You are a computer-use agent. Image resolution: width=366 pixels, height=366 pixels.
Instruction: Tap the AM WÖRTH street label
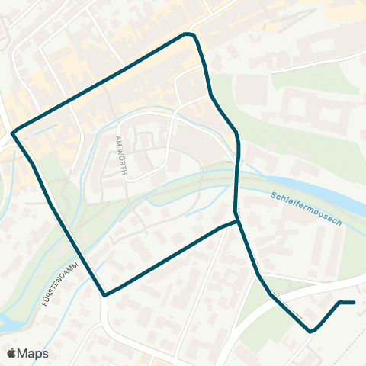point(120,156)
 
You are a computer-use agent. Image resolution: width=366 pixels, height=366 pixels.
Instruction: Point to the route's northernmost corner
point(187,34)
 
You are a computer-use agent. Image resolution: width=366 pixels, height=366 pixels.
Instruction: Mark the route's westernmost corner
point(13,131)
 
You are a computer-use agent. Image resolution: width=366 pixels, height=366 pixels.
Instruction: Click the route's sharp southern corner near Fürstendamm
point(104,295)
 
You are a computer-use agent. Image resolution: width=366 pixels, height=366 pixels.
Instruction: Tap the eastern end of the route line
point(355,303)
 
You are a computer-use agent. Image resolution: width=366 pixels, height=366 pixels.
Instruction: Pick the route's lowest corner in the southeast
point(310,332)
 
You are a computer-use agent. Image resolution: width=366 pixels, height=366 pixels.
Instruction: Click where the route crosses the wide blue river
point(236,187)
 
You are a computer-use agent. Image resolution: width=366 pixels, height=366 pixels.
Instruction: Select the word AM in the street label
point(118,140)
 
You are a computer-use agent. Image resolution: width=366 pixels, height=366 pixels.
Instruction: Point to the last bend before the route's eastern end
point(339,303)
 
